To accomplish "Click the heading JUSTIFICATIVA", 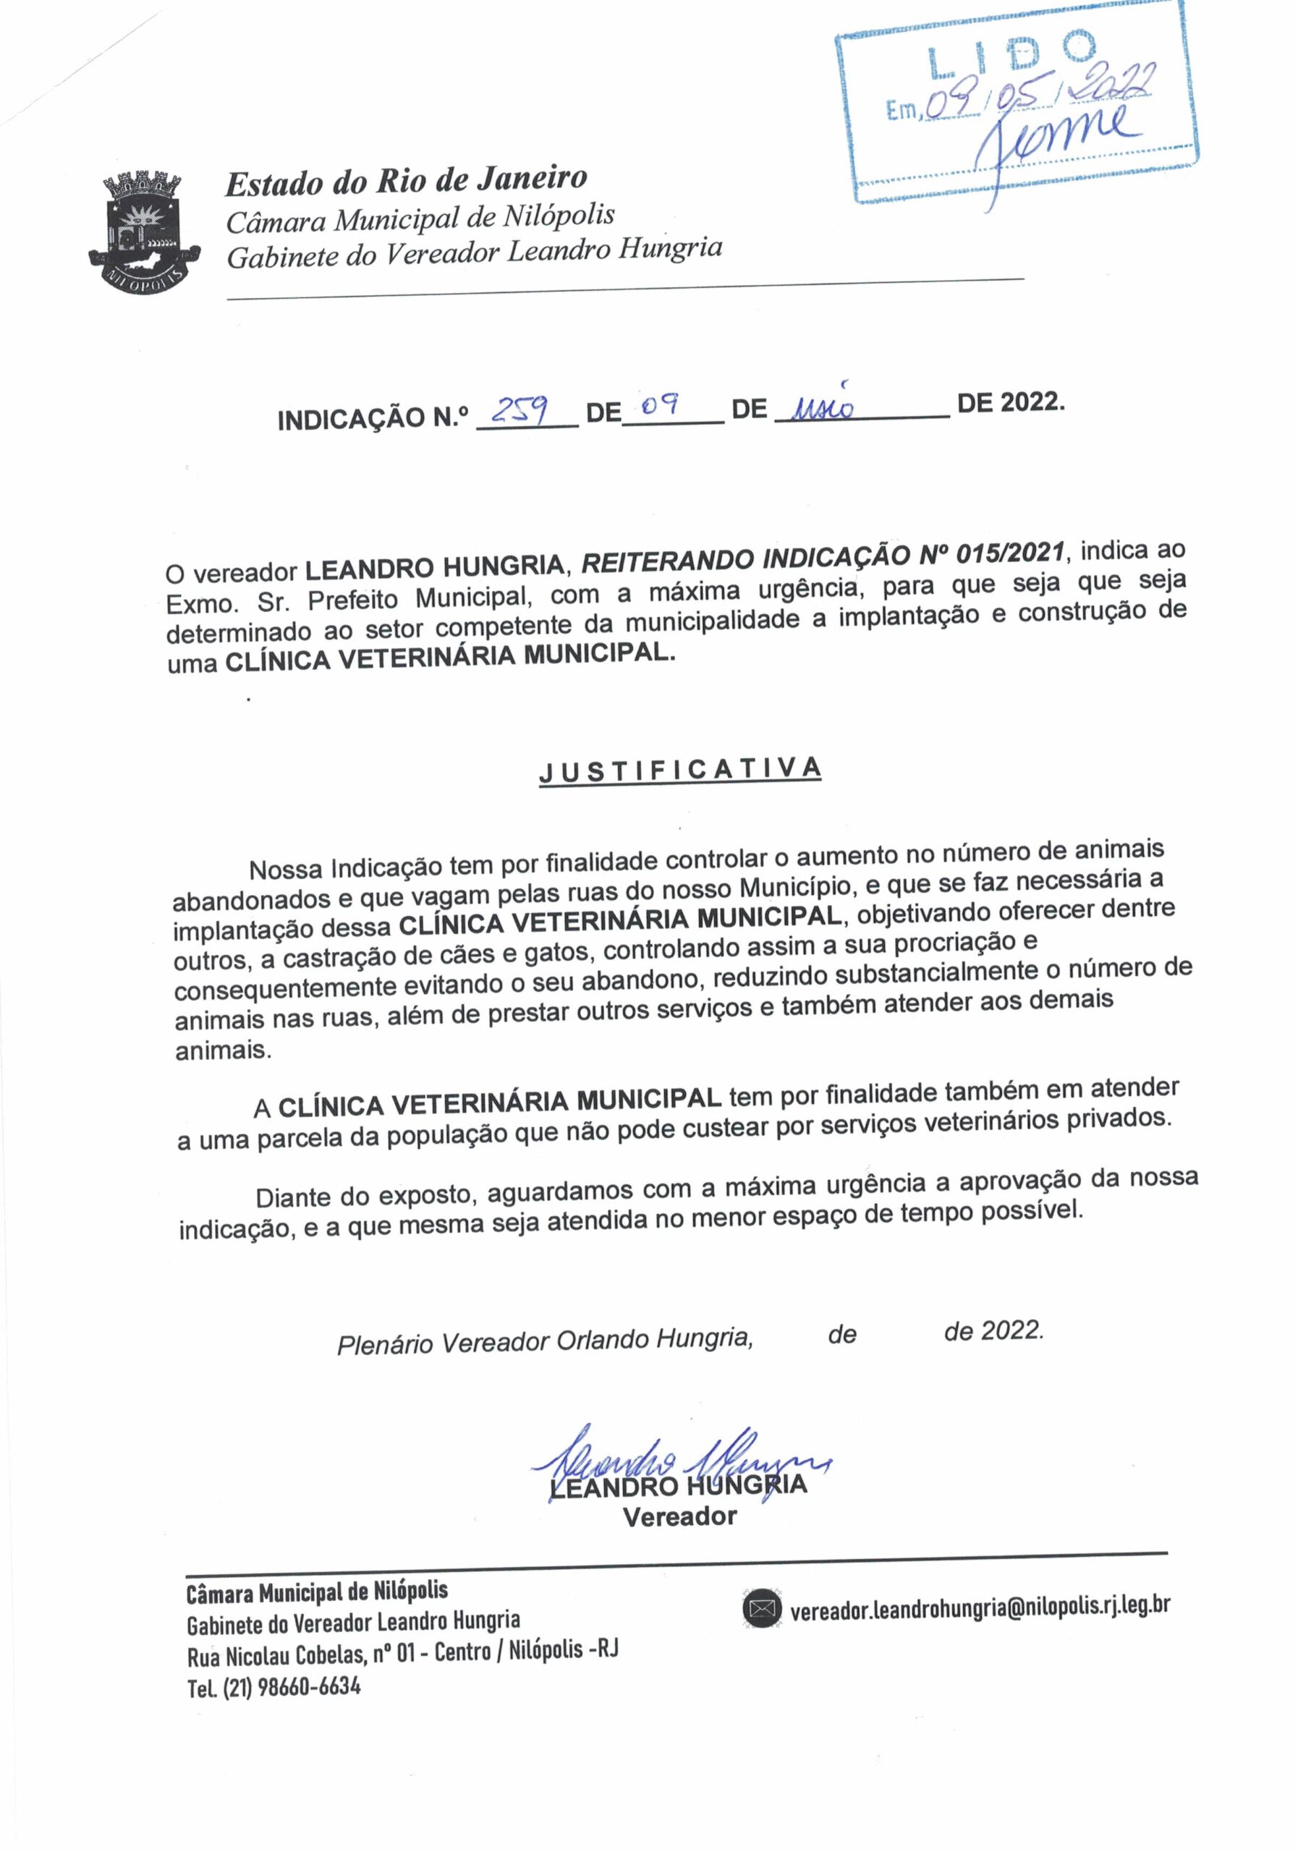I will [x=680, y=771].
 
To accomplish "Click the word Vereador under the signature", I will [x=679, y=1516].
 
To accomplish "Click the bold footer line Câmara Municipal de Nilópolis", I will [x=316, y=1592].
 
